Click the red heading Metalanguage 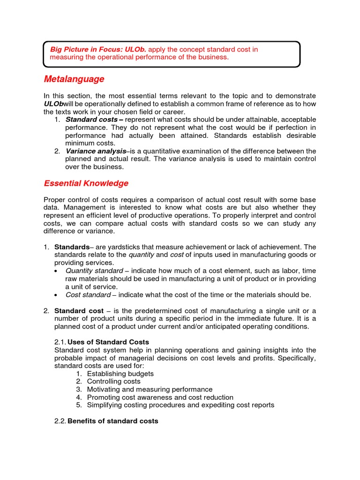coord(74,79)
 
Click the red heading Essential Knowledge coord(86,183)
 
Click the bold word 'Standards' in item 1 coord(72,247)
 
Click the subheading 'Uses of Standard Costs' coord(108,342)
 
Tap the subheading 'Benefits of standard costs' coord(113,421)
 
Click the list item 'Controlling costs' coord(113,382)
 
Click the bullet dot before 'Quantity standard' coord(57,271)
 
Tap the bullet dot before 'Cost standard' coord(57,295)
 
